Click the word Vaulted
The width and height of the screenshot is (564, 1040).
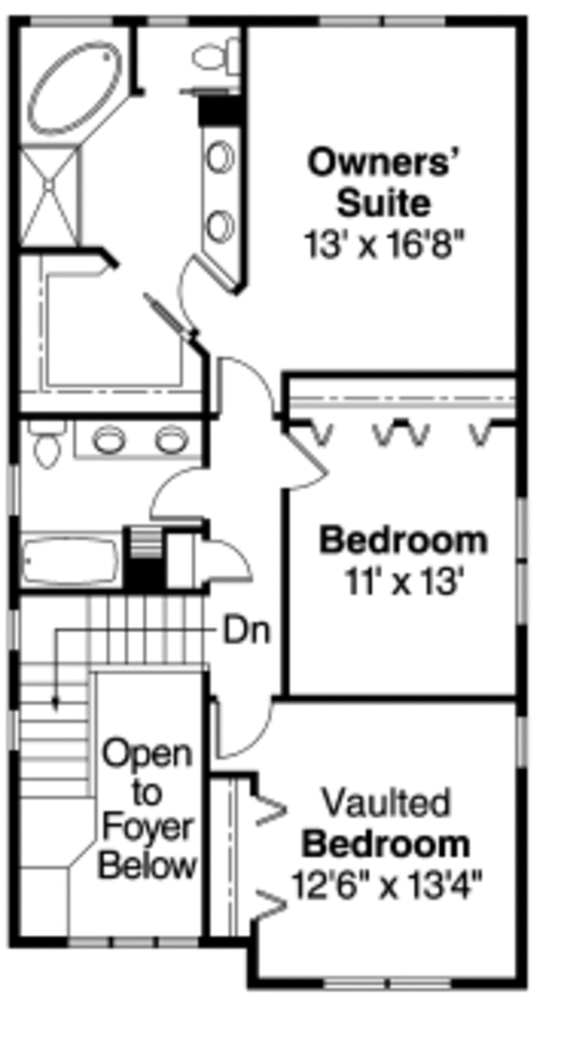click(385, 803)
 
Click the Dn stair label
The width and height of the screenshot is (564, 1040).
click(246, 631)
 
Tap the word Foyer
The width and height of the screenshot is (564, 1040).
click(148, 828)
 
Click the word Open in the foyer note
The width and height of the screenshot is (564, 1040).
click(148, 753)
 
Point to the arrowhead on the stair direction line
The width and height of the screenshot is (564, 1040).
click(56, 701)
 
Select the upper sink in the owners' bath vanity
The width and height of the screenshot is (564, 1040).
click(221, 157)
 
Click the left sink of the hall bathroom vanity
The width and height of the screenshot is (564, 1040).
click(109, 438)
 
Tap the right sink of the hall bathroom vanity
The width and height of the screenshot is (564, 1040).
click(170, 438)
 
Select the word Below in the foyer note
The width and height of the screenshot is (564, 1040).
click(148, 865)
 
